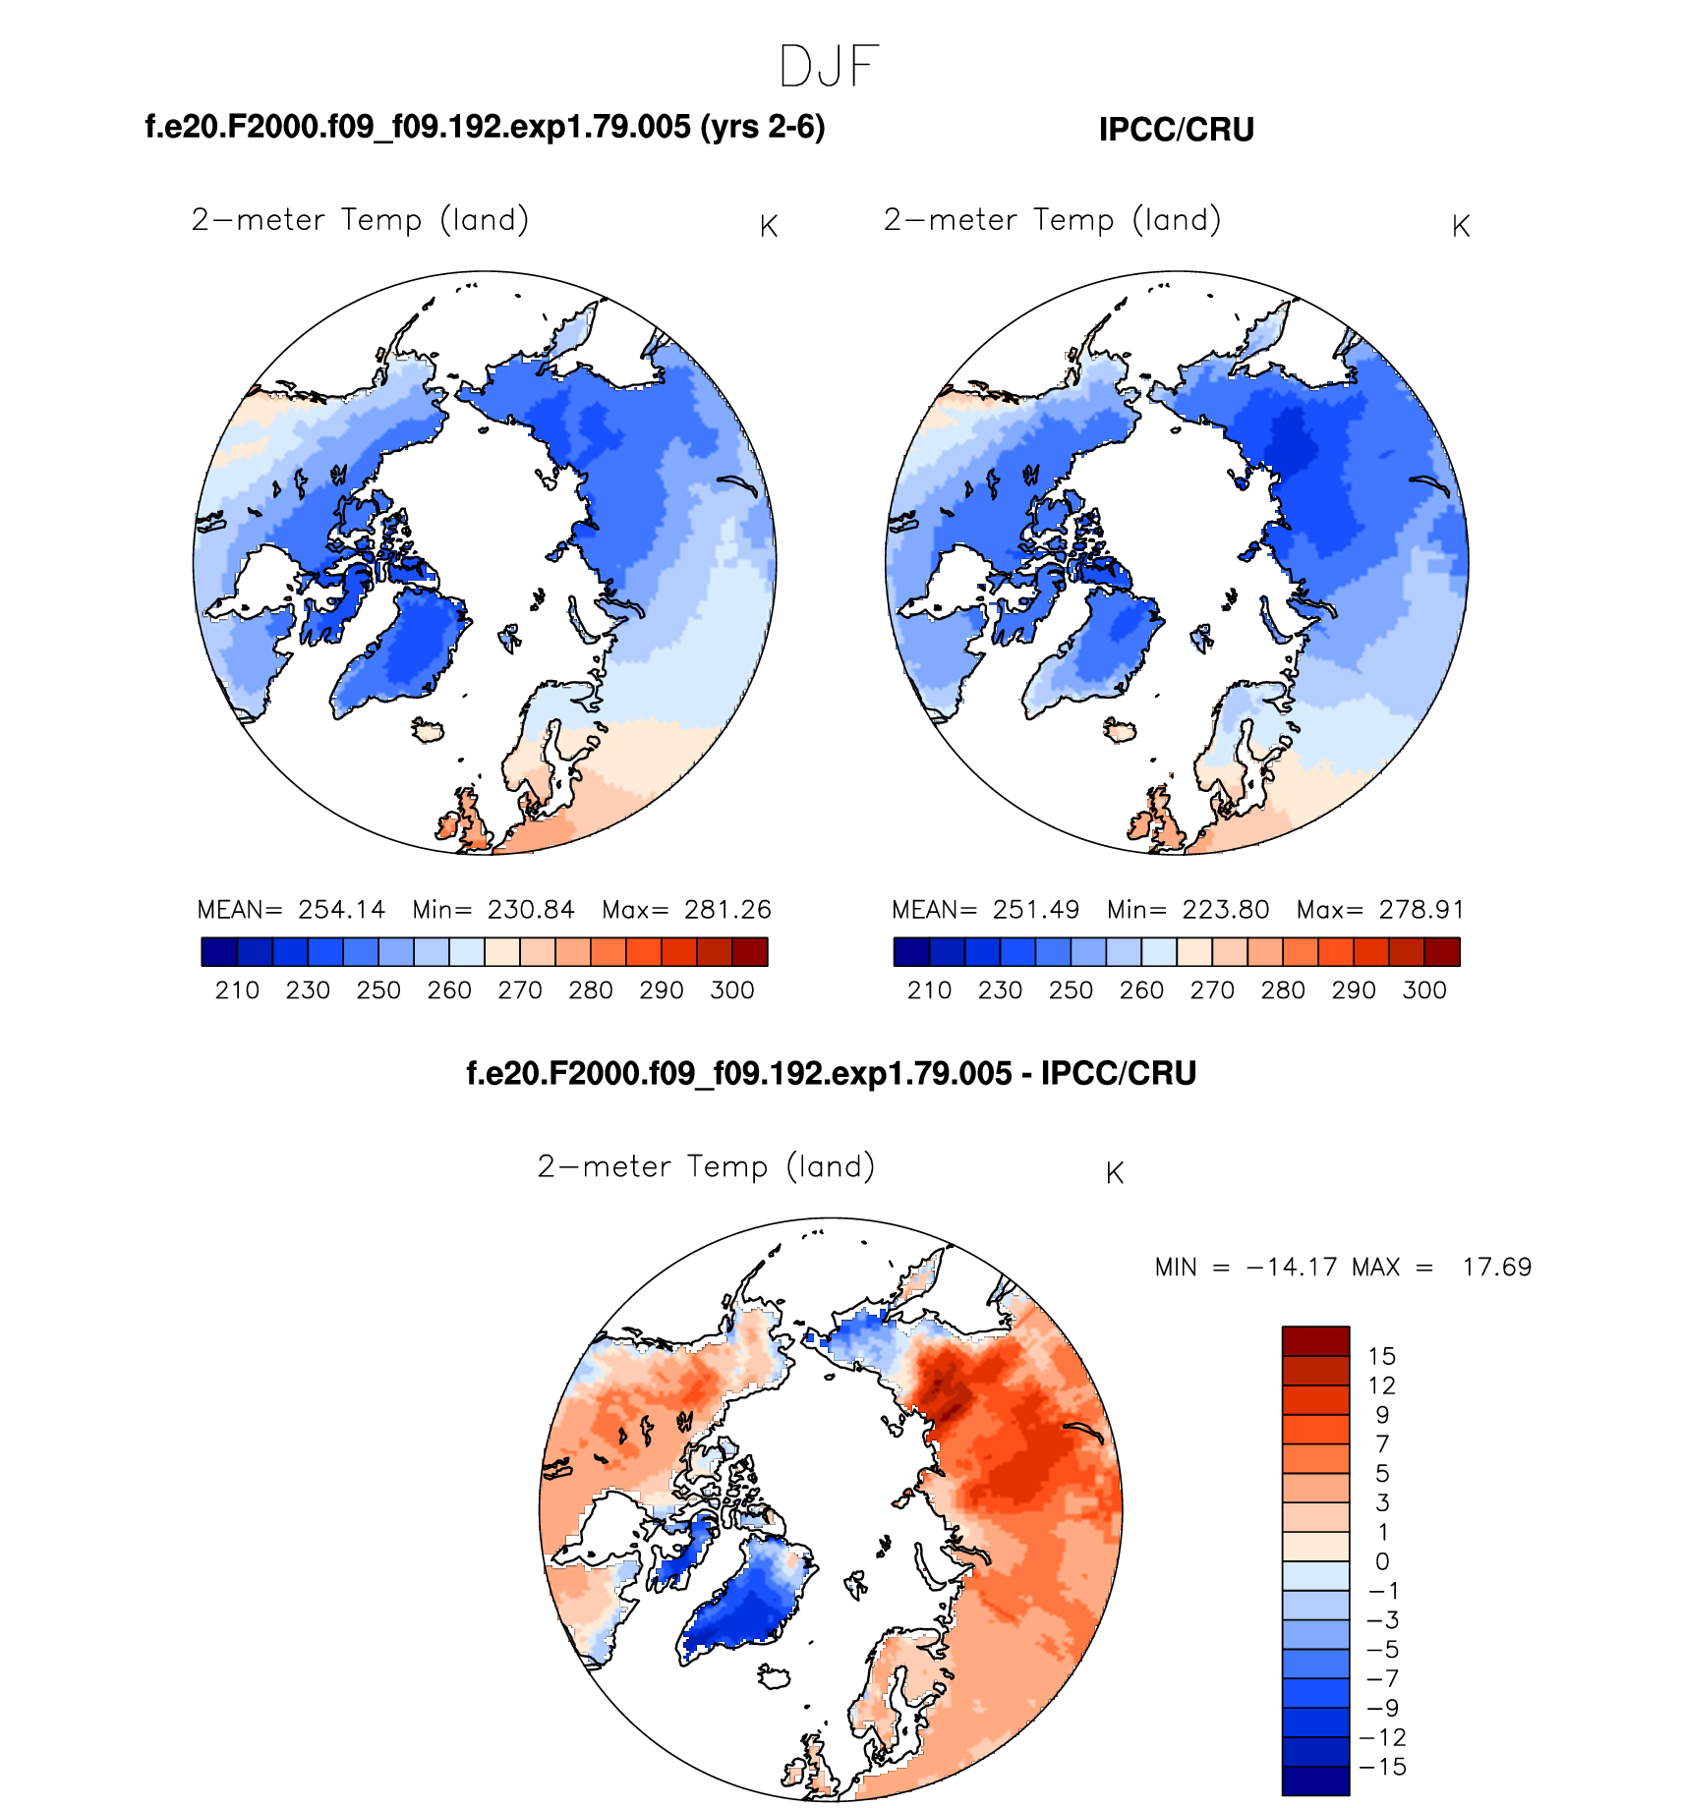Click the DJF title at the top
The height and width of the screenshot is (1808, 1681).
coord(828,68)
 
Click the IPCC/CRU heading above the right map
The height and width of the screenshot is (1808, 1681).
coord(1176,130)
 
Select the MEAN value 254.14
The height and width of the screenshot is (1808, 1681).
coord(341,910)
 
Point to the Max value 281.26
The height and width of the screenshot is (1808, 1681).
coord(727,910)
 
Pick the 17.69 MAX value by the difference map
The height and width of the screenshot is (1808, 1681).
coord(1496,1268)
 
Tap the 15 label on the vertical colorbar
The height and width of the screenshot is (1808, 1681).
coord(1381,1357)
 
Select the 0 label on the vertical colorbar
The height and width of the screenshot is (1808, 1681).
coord(1382,1562)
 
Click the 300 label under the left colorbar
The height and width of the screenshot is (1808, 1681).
coord(732,990)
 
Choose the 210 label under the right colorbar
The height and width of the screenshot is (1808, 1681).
coord(929,990)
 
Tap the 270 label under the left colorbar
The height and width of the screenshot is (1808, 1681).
coord(520,990)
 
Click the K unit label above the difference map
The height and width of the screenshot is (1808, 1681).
coord(1114,1173)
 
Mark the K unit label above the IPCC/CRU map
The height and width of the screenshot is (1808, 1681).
coord(1460,227)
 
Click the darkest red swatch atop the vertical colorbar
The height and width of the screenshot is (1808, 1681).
coord(1315,1341)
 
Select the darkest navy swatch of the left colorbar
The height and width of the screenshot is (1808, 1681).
coord(219,952)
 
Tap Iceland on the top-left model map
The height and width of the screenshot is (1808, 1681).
coord(428,731)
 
